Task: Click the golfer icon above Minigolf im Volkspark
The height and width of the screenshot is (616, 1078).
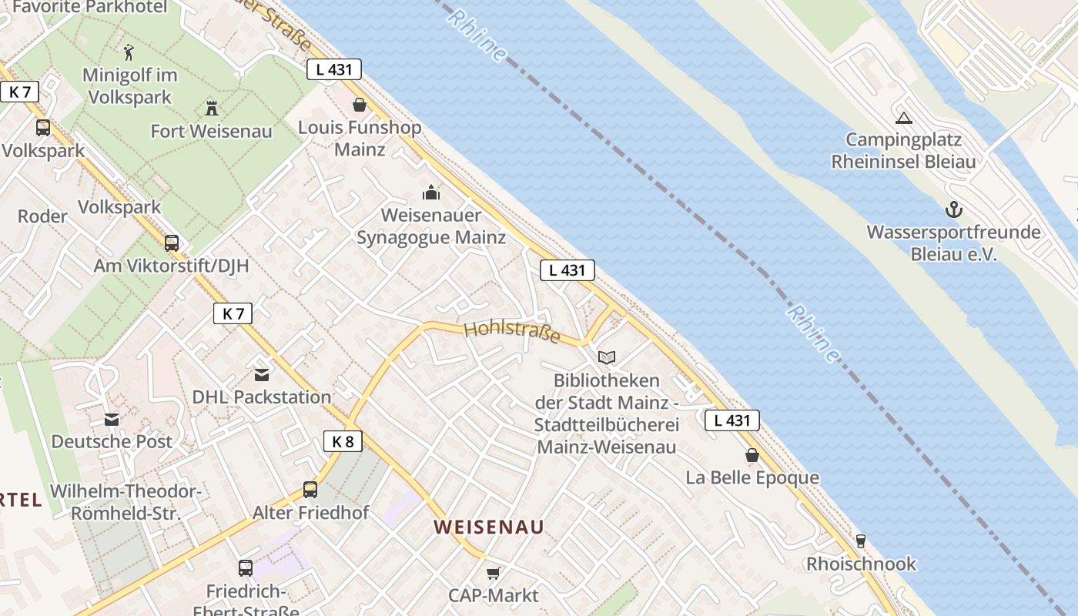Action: [129, 52]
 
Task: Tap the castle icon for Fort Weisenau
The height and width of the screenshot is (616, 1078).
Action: [211, 107]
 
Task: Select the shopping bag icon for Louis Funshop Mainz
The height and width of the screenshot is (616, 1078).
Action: [359, 104]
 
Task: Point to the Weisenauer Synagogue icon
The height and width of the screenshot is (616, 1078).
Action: [431, 192]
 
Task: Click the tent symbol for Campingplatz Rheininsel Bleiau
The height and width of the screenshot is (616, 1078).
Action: [902, 118]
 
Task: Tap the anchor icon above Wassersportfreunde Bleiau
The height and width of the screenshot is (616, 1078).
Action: [954, 209]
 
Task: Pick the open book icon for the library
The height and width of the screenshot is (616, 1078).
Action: [607, 357]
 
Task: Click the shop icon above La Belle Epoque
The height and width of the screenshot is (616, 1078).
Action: [752, 455]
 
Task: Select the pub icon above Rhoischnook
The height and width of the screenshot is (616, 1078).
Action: [861, 541]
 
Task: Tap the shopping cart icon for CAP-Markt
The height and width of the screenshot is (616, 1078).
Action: [493, 573]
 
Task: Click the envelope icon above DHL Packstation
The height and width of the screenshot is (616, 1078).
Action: [262, 374]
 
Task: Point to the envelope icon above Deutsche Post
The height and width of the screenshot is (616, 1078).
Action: [112, 419]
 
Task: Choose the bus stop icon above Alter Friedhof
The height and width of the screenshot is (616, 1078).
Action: [310, 489]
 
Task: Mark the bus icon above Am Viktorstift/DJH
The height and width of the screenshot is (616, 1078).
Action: [171, 243]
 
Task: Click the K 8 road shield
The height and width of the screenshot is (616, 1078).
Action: [343, 441]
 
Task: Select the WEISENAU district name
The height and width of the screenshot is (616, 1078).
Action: [489, 527]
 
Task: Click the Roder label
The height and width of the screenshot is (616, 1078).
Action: [42, 216]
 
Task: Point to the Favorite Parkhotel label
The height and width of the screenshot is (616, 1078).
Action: [90, 8]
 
